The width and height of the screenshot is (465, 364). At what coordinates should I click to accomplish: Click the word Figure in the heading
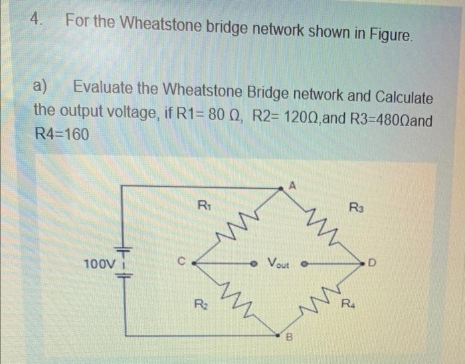387,32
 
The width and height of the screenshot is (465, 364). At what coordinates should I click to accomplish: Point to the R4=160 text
61,134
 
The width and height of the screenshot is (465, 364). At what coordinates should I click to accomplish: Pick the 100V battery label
95,264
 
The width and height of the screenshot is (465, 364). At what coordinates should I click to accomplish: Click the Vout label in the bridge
279,262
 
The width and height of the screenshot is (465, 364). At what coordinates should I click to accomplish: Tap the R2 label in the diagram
199,306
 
